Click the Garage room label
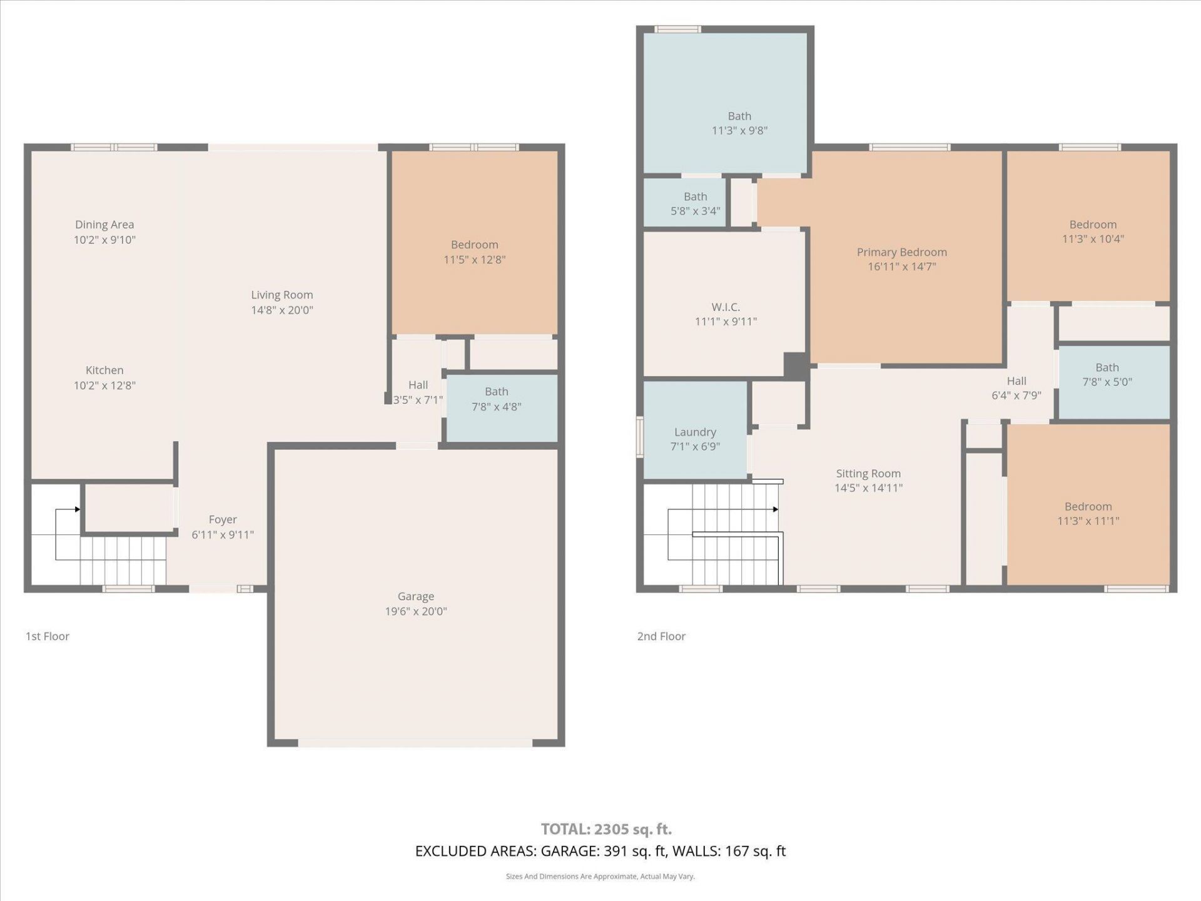click(x=415, y=597)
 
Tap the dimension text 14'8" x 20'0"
click(x=282, y=310)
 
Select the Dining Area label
click(x=104, y=225)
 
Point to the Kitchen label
click(x=104, y=370)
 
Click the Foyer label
click(x=223, y=520)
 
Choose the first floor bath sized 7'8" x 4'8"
click(x=496, y=399)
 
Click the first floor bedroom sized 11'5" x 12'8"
click(x=474, y=252)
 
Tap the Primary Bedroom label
click(x=901, y=252)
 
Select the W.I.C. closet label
click(x=726, y=307)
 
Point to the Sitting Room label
click(x=868, y=474)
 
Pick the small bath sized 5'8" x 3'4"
click(x=695, y=204)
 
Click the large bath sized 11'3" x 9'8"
click(x=739, y=123)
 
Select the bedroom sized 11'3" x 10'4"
click(x=1093, y=232)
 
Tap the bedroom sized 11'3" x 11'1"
click(x=1088, y=514)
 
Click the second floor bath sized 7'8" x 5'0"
click(x=1107, y=375)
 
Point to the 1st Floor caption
click(x=48, y=636)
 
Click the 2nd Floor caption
click(x=661, y=636)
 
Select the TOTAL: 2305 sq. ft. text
click(x=606, y=829)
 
